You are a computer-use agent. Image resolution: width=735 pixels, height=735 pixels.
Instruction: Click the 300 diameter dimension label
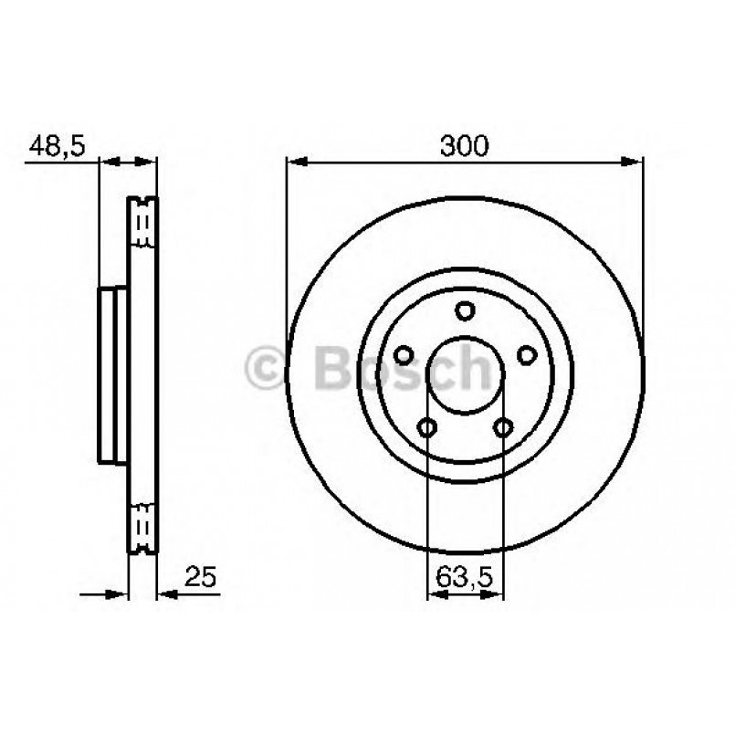point(465,144)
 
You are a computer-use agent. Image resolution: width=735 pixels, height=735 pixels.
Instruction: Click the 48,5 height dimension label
point(57,144)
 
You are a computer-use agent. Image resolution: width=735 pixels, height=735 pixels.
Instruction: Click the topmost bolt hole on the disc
point(465,311)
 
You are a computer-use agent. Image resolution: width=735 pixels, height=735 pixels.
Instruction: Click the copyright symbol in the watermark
point(269,370)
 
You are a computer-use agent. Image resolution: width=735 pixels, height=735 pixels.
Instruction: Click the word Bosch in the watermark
point(402,368)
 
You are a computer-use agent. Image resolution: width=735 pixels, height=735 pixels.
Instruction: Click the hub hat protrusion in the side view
point(111,374)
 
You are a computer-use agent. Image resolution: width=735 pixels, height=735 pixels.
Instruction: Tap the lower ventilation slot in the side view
point(142,527)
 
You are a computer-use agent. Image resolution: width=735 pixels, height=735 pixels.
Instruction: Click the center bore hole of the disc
point(465,374)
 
